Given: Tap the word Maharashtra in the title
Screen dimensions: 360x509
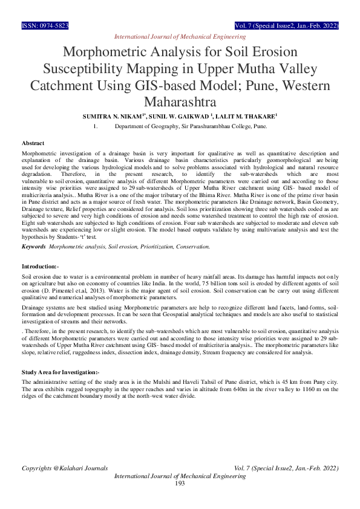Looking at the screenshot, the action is [x=180, y=99].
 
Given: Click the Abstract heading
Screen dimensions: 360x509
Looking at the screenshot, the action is [x=33, y=143].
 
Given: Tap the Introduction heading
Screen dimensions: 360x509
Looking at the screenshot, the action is [x=40, y=266].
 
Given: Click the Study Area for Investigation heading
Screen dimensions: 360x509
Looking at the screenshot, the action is [x=60, y=372].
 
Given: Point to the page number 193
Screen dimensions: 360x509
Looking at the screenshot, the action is [x=180, y=483].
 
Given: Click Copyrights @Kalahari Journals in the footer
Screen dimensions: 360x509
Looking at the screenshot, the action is [x=65, y=468].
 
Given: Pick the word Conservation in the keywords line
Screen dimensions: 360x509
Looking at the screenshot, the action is [x=192, y=247].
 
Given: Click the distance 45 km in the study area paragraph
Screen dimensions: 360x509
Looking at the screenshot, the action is [x=301, y=383].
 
